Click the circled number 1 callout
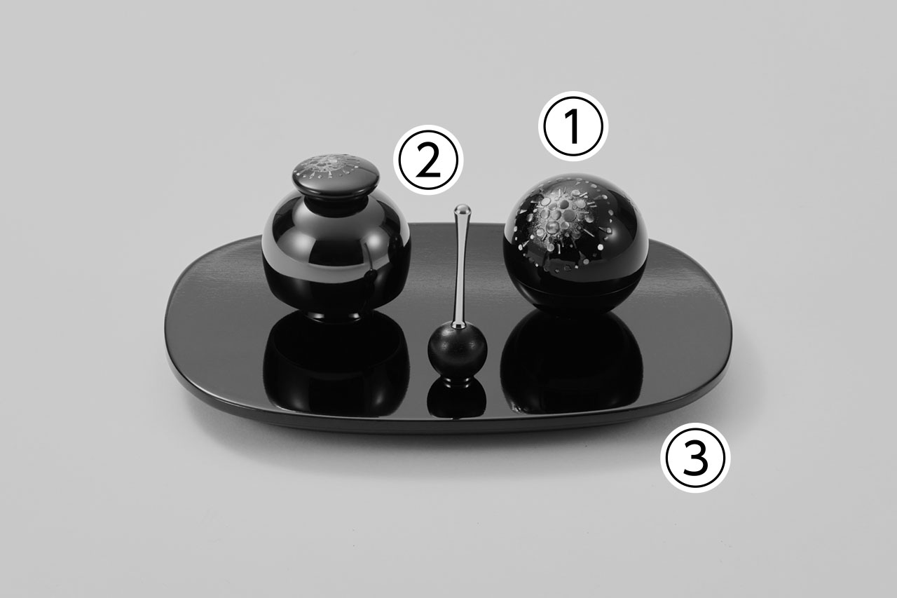573,126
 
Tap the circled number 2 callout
428,160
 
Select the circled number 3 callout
696,457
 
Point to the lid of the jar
335,175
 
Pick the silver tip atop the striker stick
462,210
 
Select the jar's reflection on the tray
336,360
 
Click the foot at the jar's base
336,315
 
